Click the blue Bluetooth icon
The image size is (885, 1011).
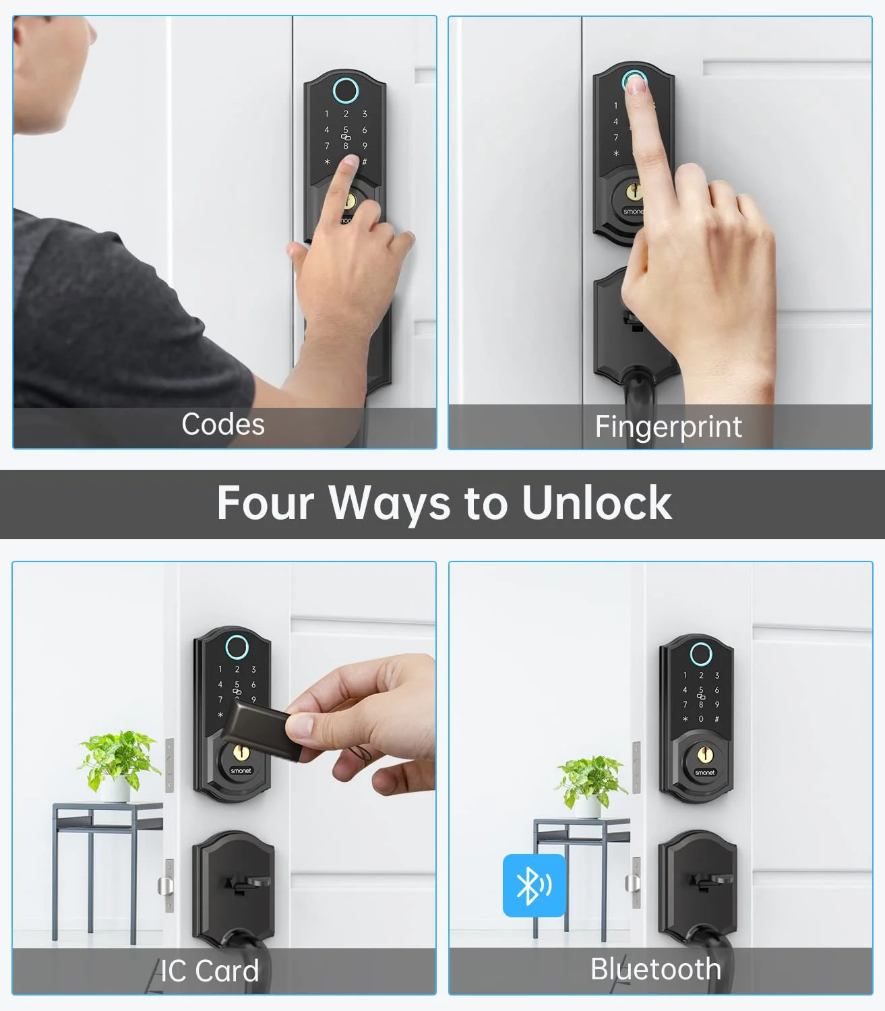click(x=534, y=886)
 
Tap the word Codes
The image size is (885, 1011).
click(x=223, y=424)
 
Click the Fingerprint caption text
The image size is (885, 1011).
click(x=668, y=427)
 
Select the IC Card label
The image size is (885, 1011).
click(x=210, y=971)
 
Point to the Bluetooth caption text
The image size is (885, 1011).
click(x=656, y=969)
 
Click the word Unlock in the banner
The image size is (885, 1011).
click(x=597, y=503)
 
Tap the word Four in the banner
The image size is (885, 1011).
click(x=266, y=503)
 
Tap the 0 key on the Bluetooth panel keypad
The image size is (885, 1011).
click(x=701, y=719)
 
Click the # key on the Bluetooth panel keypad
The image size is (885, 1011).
click(x=716, y=719)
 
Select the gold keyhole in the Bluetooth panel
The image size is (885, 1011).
click(x=704, y=754)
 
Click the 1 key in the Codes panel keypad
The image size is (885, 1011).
click(x=327, y=114)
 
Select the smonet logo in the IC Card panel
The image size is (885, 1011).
click(x=241, y=771)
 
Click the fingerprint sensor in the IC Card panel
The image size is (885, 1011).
click(x=237, y=647)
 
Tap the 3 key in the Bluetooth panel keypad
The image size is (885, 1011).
click(x=717, y=675)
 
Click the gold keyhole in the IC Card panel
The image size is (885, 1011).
click(x=241, y=752)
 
